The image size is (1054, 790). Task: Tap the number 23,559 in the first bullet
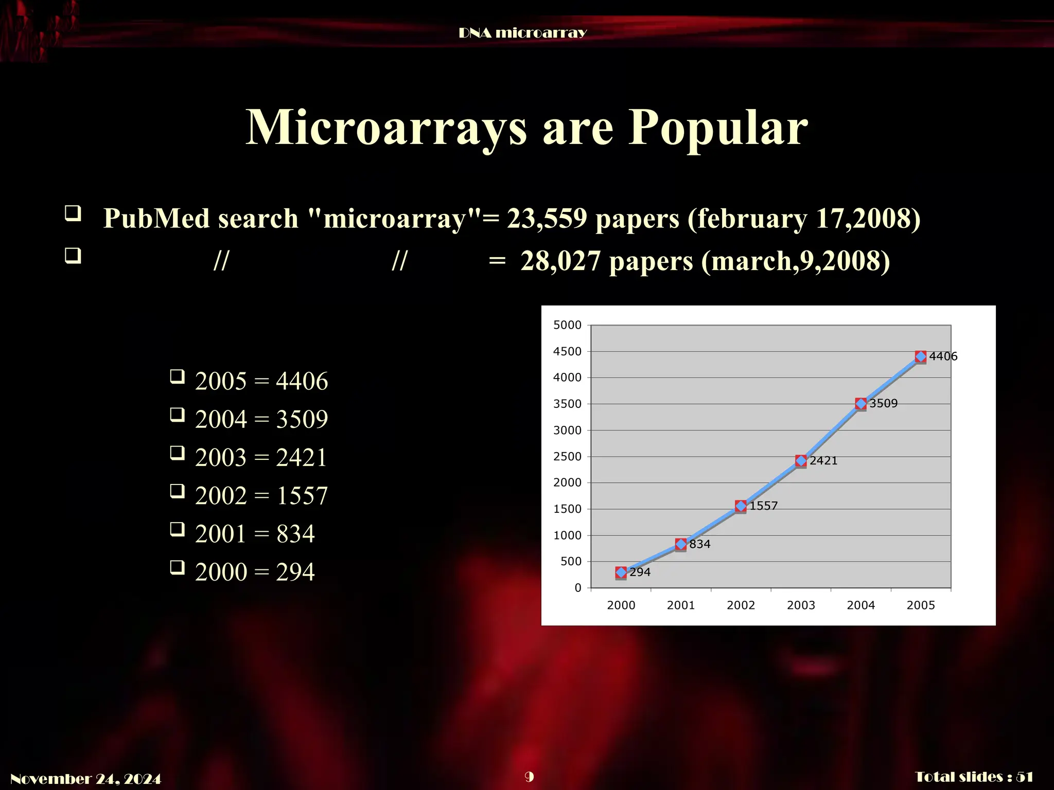(547, 218)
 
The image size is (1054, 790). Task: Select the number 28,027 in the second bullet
(560, 261)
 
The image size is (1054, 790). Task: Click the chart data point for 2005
(920, 356)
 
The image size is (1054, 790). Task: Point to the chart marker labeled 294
(621, 572)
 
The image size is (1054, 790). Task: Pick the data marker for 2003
(801, 461)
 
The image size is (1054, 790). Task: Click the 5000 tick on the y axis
(567, 325)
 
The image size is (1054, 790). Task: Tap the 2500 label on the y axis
(567, 456)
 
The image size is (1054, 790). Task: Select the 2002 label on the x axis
(741, 605)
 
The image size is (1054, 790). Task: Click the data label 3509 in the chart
(884, 403)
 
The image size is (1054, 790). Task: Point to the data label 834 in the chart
(700, 544)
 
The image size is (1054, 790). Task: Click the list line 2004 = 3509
(261, 419)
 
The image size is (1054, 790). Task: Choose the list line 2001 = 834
(254, 534)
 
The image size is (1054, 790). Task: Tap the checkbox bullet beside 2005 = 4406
(178, 377)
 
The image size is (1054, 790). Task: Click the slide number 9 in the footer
(529, 777)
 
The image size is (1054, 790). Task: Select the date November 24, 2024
(86, 779)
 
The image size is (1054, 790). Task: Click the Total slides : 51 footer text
(974, 777)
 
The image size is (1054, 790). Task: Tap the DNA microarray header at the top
(522, 33)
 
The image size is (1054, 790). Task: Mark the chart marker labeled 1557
(741, 506)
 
